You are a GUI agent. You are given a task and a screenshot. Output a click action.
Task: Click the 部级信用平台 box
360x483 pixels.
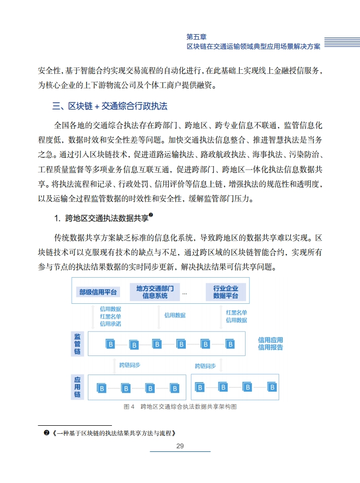[98, 292]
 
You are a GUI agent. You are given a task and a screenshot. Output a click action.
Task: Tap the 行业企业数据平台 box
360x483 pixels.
[225, 292]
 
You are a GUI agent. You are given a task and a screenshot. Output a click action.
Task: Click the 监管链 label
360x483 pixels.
[77, 344]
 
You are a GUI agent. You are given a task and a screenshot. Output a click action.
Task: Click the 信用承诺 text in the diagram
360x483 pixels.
[110, 324]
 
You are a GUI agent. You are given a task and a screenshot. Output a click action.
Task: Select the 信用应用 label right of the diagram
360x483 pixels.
[270, 340]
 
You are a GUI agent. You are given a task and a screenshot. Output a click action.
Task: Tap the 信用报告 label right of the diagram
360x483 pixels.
[270, 347]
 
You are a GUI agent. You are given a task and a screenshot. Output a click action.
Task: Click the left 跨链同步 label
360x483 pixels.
[130, 365]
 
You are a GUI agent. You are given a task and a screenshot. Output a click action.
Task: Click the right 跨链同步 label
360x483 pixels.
[205, 366]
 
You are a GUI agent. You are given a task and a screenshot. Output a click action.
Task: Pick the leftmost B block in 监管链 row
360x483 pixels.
[110, 344]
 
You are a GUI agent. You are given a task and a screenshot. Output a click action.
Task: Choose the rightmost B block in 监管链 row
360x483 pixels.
[230, 344]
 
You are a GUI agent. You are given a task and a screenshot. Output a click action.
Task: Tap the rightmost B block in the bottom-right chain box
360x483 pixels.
[272, 387]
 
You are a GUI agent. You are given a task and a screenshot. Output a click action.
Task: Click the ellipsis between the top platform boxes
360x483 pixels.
[185, 293]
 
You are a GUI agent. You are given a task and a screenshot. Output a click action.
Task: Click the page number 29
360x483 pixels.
[180, 446]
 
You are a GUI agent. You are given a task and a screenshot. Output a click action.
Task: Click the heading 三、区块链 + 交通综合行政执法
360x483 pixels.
[109, 106]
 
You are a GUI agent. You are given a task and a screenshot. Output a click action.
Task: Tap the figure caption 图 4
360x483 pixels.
[129, 407]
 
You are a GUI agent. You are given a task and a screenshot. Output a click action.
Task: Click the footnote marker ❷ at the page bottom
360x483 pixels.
[46, 433]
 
